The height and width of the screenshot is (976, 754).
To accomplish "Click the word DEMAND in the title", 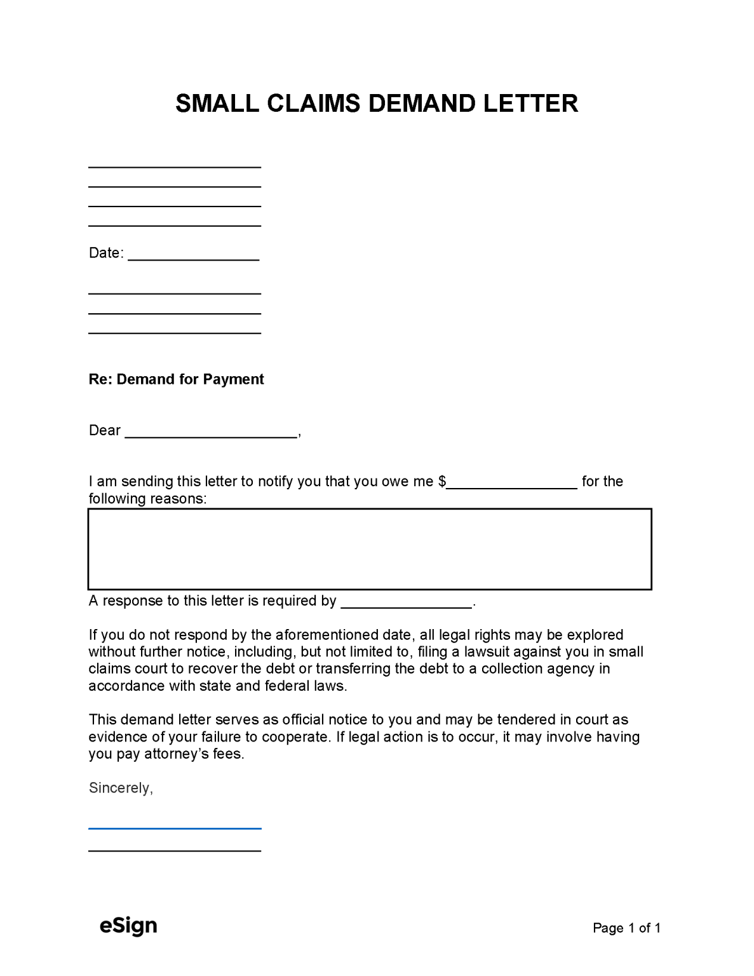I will click(422, 104).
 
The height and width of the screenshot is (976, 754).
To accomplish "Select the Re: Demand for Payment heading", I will click(176, 379).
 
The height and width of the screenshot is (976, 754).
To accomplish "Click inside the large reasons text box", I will click(370, 549).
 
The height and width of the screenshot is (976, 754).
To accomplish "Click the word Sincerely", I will click(120, 788).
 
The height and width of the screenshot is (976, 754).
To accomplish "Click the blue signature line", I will click(175, 828).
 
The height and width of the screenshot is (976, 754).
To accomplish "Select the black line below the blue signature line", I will click(175, 850).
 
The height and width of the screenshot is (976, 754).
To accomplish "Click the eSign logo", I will click(128, 926).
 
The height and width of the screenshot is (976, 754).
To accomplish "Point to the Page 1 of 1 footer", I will click(626, 928).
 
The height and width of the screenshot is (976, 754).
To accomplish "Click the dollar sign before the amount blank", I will click(442, 482).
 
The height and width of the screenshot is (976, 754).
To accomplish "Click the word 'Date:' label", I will click(106, 253).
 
